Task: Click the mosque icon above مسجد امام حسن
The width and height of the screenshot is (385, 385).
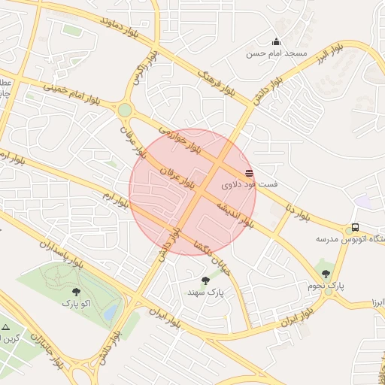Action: (277, 42)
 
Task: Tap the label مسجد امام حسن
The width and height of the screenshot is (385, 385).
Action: (277, 54)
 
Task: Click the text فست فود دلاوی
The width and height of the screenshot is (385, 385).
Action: (250, 183)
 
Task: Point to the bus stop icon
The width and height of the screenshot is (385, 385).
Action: (355, 228)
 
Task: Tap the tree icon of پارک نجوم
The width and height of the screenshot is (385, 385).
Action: (326, 274)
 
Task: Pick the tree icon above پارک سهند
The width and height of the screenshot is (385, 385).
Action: (205, 280)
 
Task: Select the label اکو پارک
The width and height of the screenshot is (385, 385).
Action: (76, 303)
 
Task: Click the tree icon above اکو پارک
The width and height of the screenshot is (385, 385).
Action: (76, 292)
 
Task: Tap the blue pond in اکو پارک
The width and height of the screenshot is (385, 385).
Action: (112, 310)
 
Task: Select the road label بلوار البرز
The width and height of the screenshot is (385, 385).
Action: (332, 53)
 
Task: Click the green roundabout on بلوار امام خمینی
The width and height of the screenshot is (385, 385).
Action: (124, 111)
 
